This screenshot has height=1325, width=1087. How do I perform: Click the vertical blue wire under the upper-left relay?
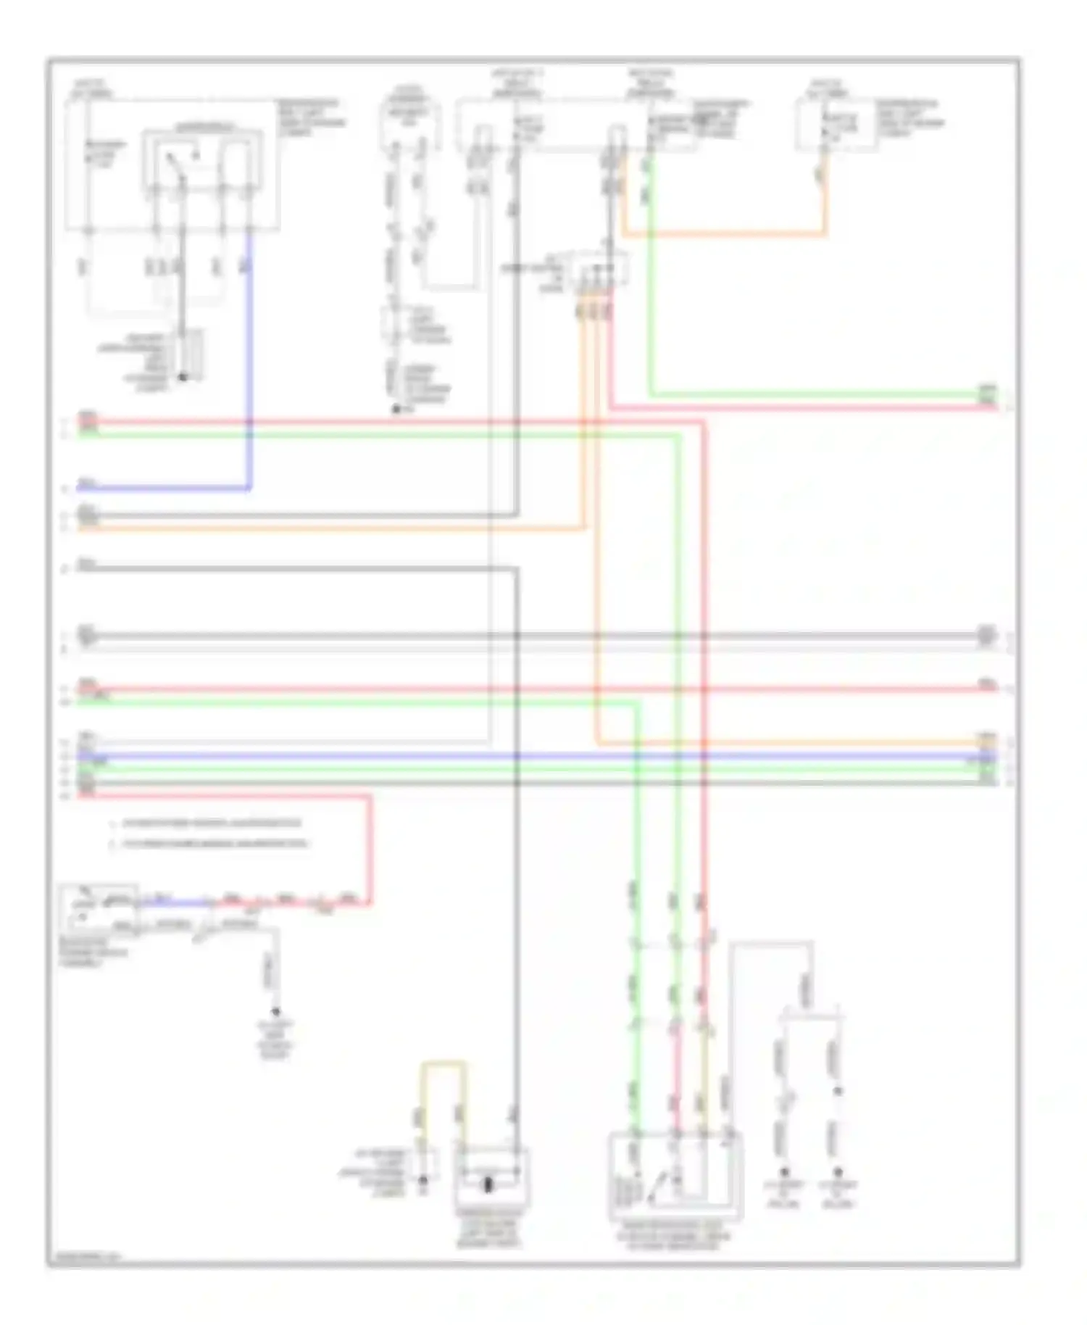click(250, 362)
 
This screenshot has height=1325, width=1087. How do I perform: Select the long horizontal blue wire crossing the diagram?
click(536, 756)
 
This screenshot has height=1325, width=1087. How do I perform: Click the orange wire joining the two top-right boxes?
click(725, 234)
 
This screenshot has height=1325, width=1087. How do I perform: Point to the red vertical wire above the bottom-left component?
click(371, 848)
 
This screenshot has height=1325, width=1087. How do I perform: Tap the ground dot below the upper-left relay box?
click(182, 377)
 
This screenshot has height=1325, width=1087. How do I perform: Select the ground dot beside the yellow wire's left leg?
click(423, 1181)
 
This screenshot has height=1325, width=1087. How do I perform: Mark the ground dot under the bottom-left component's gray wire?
click(275, 1012)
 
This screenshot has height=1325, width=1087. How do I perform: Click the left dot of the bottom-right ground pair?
click(783, 1172)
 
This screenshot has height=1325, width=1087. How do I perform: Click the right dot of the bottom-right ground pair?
click(838, 1172)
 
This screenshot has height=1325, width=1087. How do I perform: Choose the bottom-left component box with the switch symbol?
click(99, 907)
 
